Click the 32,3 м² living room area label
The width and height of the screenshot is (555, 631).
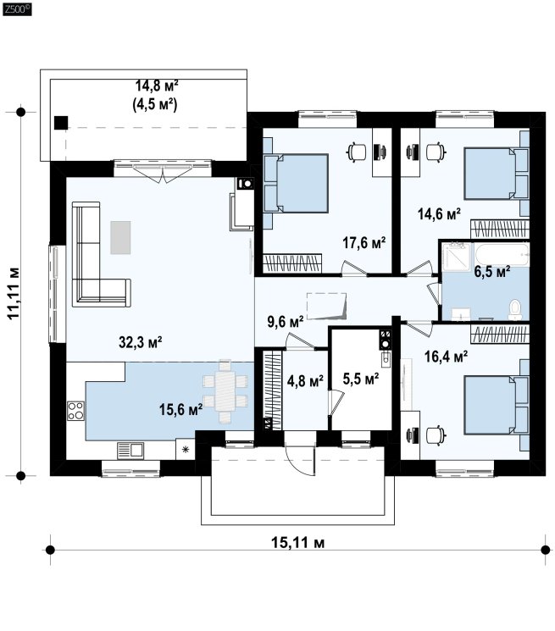pyautogui.click(x=141, y=342)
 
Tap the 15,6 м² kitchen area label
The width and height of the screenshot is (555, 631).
pyautogui.click(x=180, y=409)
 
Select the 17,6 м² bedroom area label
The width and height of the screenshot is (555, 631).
pyautogui.click(x=364, y=242)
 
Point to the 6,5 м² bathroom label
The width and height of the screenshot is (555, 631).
pyautogui.click(x=492, y=272)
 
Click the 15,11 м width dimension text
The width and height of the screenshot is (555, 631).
pyautogui.click(x=297, y=542)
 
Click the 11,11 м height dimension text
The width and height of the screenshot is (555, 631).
pyautogui.click(x=14, y=292)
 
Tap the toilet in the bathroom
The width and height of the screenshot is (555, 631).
pyautogui.click(x=515, y=310)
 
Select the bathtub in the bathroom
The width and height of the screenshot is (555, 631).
pyautogui.click(x=502, y=254)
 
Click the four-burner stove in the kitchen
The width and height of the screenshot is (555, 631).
pyautogui.click(x=75, y=411)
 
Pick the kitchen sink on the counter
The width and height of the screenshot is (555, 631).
pyautogui.click(x=130, y=451)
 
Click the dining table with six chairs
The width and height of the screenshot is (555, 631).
pyautogui.click(x=225, y=391)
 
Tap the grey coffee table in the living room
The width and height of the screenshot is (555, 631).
pyautogui.click(x=120, y=237)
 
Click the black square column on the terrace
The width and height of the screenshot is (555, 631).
pyautogui.click(x=61, y=123)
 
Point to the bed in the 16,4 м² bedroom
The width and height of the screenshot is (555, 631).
pyautogui.click(x=497, y=405)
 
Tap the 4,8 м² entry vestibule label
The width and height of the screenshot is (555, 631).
pyautogui.click(x=306, y=380)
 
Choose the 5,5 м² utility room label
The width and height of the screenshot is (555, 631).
pyautogui.click(x=361, y=379)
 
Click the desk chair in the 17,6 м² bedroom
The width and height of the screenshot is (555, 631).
pyautogui.click(x=357, y=152)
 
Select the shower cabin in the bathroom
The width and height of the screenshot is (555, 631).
pyautogui.click(x=457, y=255)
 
